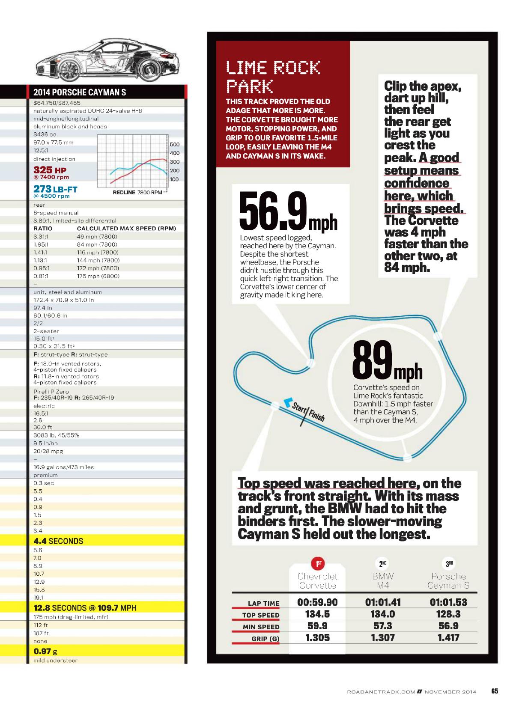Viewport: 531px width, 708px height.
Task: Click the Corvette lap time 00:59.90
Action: coord(317,602)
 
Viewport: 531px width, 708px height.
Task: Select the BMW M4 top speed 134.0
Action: coord(383,614)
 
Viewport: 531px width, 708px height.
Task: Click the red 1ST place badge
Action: coord(317,564)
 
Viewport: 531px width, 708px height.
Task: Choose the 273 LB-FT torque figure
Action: coord(55,188)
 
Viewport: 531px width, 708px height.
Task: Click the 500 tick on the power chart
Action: coord(174,144)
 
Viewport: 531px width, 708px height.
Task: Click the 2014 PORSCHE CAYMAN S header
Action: coord(80,92)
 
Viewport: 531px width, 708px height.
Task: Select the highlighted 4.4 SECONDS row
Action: coord(58,541)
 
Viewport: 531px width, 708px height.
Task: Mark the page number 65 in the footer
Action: coord(495,691)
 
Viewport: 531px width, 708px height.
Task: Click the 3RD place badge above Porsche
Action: coord(449,564)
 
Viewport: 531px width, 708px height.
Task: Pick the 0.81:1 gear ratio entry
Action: coord(41,276)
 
